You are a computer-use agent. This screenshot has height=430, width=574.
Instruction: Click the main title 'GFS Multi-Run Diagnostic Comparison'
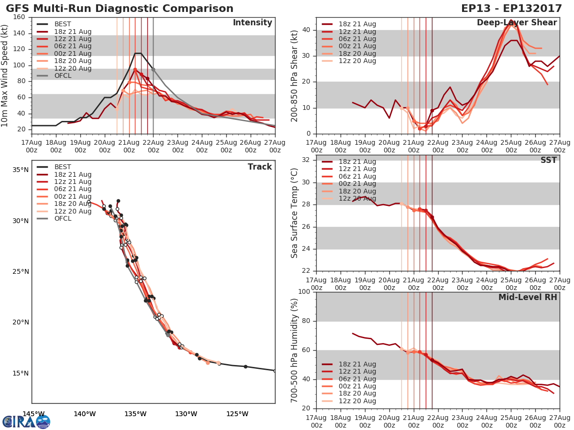[120, 9]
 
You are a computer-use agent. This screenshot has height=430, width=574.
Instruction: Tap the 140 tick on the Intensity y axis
[19, 33]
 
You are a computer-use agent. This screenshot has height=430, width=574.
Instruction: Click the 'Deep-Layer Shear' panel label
[517, 23]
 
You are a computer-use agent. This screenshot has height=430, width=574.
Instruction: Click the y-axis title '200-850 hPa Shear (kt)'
[295, 75]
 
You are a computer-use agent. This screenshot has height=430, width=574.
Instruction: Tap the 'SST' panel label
[549, 161]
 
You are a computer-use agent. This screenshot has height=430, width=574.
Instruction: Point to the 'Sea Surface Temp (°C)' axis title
[295, 213]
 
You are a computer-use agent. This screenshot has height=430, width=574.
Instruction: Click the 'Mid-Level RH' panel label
[528, 297]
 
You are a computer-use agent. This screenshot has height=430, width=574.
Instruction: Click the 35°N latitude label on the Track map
[21, 170]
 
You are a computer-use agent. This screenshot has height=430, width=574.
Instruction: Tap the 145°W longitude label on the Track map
[33, 414]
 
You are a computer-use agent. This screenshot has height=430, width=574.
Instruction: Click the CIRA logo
[26, 422]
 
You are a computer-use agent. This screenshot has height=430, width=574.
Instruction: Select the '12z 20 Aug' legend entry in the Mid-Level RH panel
[357, 401]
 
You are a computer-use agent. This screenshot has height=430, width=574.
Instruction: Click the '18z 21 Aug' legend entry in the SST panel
[357, 161]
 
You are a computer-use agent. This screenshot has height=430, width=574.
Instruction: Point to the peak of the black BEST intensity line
[138, 53]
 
